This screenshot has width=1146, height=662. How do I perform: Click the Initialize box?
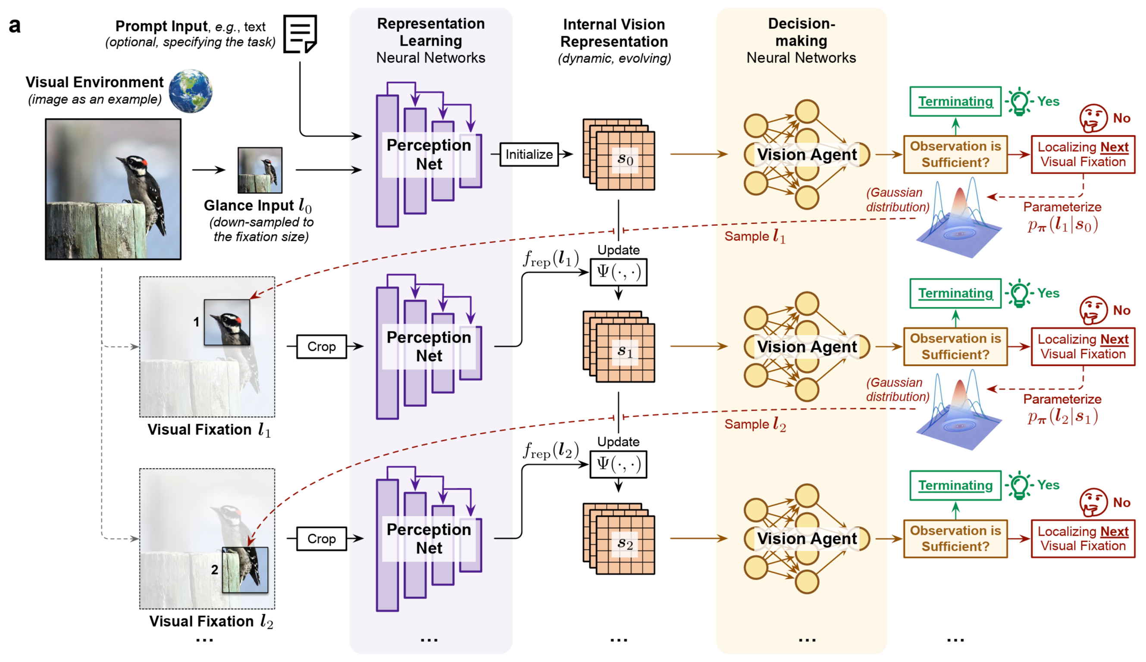click(529, 155)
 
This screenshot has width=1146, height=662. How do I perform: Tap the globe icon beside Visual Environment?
click(191, 91)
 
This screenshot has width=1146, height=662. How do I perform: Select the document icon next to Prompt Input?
click(300, 34)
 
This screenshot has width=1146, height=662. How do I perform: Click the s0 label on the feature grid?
click(625, 159)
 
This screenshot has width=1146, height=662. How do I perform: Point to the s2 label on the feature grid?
click(625, 544)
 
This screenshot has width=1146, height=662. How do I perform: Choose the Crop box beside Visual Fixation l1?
click(322, 347)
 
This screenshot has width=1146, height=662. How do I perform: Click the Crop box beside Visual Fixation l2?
click(322, 539)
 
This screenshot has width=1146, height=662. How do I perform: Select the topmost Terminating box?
click(955, 101)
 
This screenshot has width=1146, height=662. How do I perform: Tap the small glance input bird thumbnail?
click(260, 170)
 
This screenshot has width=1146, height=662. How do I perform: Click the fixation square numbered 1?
click(227, 322)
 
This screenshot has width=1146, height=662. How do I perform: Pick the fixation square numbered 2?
click(245, 570)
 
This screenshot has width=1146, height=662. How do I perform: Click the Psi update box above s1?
click(618, 272)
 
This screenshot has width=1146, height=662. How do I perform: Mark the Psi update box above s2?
click(618, 464)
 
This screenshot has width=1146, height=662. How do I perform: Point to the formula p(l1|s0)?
click(1062, 225)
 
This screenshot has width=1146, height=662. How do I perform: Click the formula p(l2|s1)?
click(1062, 416)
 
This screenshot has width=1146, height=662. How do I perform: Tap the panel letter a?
click(15, 26)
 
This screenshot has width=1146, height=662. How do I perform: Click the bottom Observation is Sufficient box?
click(955, 539)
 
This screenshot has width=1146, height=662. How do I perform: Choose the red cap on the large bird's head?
click(144, 162)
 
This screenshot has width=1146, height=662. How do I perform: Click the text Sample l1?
click(755, 237)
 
